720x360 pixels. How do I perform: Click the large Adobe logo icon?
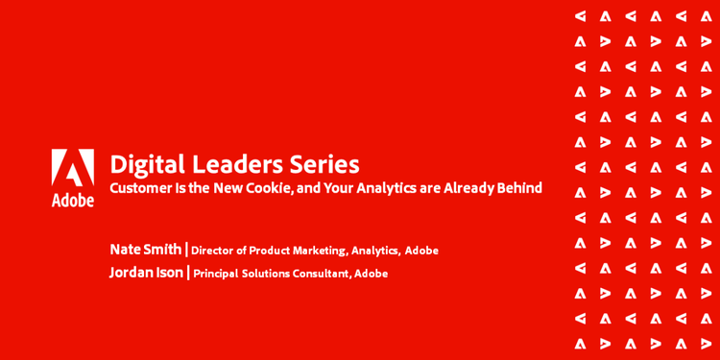(x=73, y=168)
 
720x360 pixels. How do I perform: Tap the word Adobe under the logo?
(x=73, y=200)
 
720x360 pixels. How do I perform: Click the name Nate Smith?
(x=145, y=250)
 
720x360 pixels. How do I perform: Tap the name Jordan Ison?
(x=146, y=273)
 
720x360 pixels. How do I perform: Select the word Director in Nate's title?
(x=214, y=251)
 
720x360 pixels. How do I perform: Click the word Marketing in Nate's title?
(x=315, y=251)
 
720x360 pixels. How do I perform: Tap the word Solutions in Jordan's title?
(x=264, y=274)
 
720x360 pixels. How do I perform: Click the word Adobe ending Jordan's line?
(x=372, y=274)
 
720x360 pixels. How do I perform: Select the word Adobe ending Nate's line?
(x=421, y=251)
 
